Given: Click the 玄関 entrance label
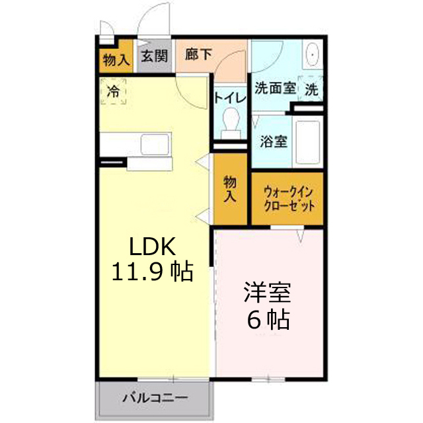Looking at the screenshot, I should coord(155,57).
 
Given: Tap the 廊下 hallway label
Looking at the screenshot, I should coord(198,54).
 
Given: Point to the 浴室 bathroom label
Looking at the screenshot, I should coord(273,141).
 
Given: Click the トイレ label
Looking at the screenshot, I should coord(230,98).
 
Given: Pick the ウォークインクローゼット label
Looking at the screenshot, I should coord(288,198).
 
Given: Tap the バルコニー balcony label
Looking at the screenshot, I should coord(155,399).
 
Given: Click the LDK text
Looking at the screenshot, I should coord(151,247).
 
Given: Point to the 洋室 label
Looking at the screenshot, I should coord(268,292).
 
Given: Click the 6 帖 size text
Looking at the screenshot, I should coord(268,320).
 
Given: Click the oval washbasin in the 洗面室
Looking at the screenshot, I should coord(312,57).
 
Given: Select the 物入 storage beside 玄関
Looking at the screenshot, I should coord(116,59).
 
